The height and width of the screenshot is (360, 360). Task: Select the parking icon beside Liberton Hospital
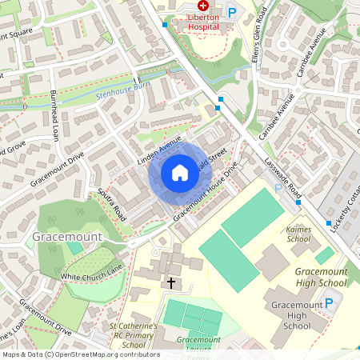232,13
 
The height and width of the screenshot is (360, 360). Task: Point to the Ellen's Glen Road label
259,28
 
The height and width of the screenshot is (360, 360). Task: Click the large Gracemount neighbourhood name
67,238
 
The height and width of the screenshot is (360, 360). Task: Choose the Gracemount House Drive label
206,193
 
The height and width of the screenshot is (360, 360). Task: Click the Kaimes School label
298,234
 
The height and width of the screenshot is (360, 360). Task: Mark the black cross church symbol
170,282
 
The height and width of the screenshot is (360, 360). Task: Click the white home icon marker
180,173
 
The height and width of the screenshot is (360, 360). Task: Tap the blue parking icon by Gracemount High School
328,303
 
